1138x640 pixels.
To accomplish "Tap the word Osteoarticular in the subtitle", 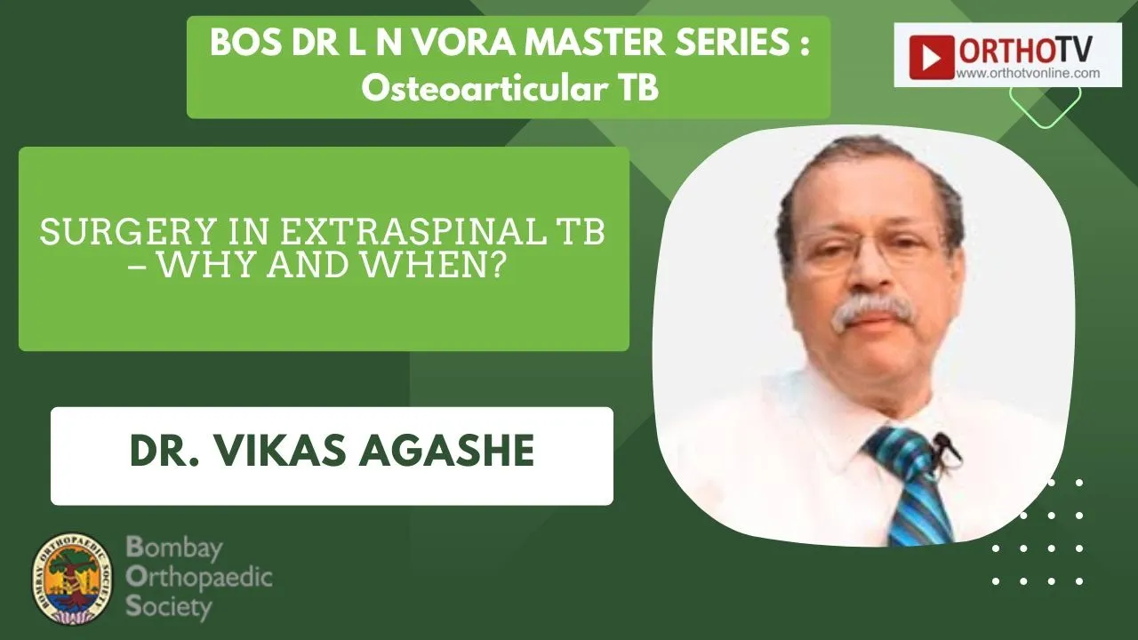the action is click(479, 89).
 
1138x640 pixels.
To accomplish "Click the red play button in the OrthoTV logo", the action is click(931, 58).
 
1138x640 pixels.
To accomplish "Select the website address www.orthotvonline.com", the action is click(1029, 73).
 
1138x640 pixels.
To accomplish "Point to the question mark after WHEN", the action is click(499, 265).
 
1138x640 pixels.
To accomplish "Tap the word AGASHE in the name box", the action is click(446, 451).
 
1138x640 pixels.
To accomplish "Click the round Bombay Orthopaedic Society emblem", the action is click(72, 579).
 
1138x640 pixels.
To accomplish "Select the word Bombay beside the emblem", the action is click(174, 548).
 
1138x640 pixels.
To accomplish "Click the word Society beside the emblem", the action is click(169, 606).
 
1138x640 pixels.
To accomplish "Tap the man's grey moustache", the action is click(873, 308).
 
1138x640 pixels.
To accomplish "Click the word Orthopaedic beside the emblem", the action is click(199, 578).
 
